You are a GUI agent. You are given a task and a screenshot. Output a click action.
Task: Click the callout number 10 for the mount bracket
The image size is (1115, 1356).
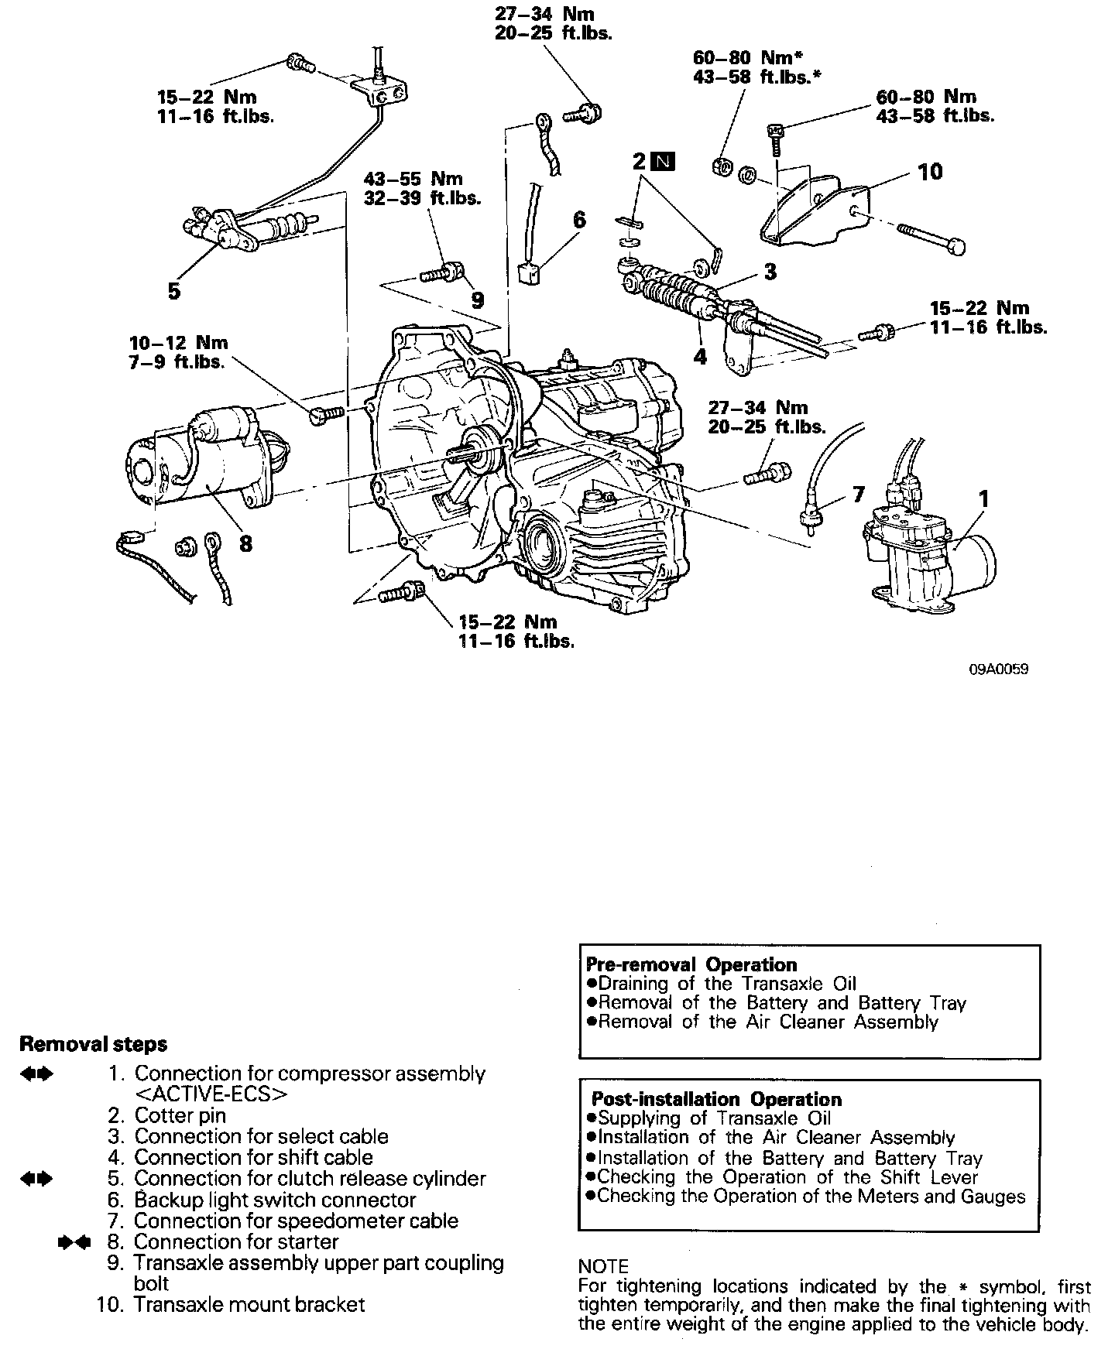click(x=930, y=171)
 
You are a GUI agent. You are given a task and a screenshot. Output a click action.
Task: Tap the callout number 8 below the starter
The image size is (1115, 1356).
click(x=245, y=543)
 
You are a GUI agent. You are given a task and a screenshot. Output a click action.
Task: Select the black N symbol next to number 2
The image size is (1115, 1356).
click(x=664, y=162)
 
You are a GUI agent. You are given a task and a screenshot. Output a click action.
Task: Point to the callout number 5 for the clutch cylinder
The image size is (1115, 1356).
click(x=174, y=291)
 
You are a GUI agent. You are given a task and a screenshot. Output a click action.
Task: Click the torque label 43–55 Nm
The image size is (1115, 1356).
click(x=413, y=180)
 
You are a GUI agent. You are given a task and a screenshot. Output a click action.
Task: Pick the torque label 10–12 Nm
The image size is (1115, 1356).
click(x=179, y=343)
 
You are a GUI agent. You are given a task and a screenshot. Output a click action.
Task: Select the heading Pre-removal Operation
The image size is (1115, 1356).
click(x=691, y=964)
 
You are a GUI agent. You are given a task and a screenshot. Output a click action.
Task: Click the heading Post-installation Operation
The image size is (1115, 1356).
click(x=716, y=1099)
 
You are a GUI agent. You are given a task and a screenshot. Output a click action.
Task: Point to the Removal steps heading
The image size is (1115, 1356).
click(x=93, y=1044)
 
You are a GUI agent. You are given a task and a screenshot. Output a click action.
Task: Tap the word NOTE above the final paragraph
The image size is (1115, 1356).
click(x=604, y=1266)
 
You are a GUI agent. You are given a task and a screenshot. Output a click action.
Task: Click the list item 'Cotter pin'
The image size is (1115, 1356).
click(x=180, y=1115)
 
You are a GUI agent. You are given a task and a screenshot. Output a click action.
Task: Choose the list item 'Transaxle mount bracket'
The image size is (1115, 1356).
click(x=249, y=1304)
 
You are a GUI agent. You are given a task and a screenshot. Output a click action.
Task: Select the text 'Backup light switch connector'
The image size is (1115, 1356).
click(x=275, y=1200)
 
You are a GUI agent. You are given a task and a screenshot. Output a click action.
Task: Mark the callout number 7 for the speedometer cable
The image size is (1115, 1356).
click(x=858, y=494)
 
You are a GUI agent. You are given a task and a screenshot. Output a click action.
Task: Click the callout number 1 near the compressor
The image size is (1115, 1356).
click(x=983, y=499)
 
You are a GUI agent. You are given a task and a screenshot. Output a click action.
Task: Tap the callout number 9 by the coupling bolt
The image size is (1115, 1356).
click(x=478, y=299)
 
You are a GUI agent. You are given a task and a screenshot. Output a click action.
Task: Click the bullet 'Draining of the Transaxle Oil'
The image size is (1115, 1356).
click(x=727, y=984)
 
